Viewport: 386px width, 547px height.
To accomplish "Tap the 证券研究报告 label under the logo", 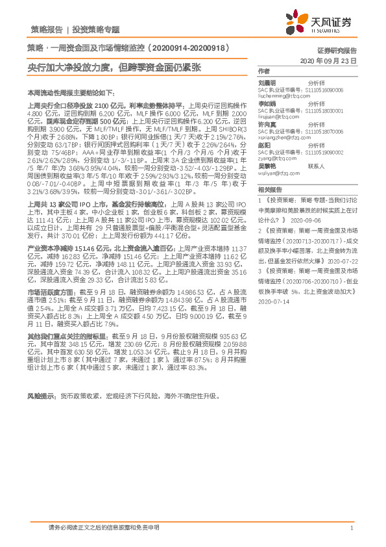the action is (337, 50).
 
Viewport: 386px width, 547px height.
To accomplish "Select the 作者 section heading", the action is (263, 70).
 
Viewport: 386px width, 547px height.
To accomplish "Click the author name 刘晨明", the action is (267, 83).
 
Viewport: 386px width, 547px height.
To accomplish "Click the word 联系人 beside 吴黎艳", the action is (316, 166).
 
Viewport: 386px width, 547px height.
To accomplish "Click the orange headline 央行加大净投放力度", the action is (74, 68).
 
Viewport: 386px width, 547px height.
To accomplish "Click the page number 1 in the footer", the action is (351, 528).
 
